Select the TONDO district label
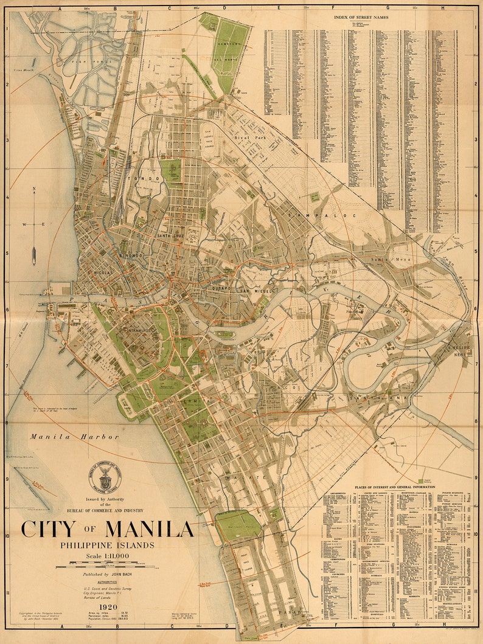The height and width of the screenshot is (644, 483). pos(148,179)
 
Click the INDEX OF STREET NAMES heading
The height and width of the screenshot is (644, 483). pos(361,17)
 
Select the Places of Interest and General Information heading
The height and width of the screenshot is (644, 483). pos(395,487)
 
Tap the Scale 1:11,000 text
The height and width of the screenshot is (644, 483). pos(107,555)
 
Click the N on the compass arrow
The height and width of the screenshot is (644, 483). pos(34,189)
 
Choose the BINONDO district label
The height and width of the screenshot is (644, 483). pos(130,256)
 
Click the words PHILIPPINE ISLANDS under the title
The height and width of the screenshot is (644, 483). pos(107,544)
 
